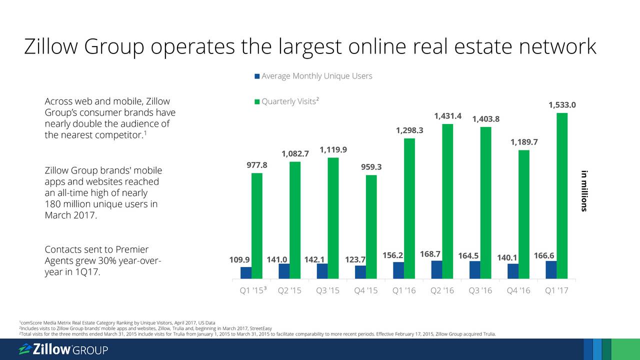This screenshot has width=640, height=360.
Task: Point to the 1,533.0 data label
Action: point(562,105)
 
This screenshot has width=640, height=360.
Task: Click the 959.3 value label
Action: point(371,167)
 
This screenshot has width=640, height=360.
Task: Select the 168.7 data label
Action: point(430,254)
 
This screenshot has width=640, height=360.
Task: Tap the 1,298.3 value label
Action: point(409,130)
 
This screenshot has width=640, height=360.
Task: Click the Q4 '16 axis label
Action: point(517,290)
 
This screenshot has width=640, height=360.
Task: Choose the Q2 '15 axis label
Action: point(288,290)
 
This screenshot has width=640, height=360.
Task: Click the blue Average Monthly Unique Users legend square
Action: point(257,76)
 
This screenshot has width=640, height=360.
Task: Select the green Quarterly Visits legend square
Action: point(257,102)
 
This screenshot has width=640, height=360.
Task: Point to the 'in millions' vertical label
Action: point(583,191)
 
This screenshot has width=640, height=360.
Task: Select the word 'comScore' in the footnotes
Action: point(30,323)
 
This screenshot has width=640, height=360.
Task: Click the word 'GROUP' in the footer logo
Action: point(90,350)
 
